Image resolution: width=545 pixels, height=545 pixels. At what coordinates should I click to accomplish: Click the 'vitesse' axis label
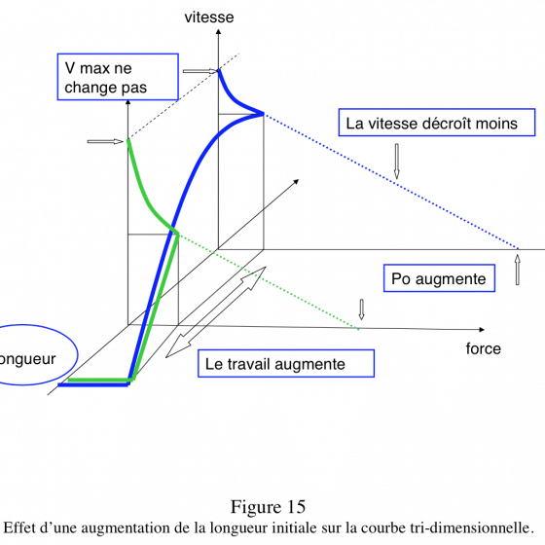(x=209, y=18)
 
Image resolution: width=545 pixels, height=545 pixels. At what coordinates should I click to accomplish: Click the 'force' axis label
(x=483, y=348)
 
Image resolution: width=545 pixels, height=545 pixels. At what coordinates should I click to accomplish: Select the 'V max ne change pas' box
(x=118, y=77)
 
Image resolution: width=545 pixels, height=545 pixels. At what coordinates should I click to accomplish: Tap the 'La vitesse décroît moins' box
(x=437, y=123)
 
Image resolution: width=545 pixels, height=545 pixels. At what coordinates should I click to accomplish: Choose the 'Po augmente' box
(x=439, y=278)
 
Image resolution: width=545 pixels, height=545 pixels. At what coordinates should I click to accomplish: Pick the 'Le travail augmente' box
(x=286, y=364)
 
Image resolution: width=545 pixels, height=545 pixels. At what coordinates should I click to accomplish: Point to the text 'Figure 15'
(x=268, y=507)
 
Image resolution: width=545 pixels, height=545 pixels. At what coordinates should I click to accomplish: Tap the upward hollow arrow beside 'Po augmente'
(x=518, y=270)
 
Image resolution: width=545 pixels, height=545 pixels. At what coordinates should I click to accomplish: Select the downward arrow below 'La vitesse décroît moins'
(x=397, y=162)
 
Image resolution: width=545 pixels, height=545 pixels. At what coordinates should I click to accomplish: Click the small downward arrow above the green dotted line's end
(x=361, y=309)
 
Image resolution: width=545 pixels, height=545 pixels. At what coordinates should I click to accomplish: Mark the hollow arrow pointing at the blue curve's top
(x=200, y=71)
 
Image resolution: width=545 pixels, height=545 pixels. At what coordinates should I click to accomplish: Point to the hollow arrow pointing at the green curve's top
(x=105, y=141)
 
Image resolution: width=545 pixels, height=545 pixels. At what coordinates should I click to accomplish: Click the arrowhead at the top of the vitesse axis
(x=218, y=31)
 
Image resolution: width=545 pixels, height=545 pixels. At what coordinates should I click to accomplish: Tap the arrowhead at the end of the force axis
(x=482, y=330)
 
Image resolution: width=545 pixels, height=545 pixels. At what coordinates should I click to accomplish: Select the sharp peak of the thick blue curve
(x=263, y=113)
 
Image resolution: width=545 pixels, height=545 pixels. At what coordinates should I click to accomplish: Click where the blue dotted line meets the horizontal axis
(x=518, y=249)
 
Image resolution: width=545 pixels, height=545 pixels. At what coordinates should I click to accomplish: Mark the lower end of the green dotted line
(x=358, y=329)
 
